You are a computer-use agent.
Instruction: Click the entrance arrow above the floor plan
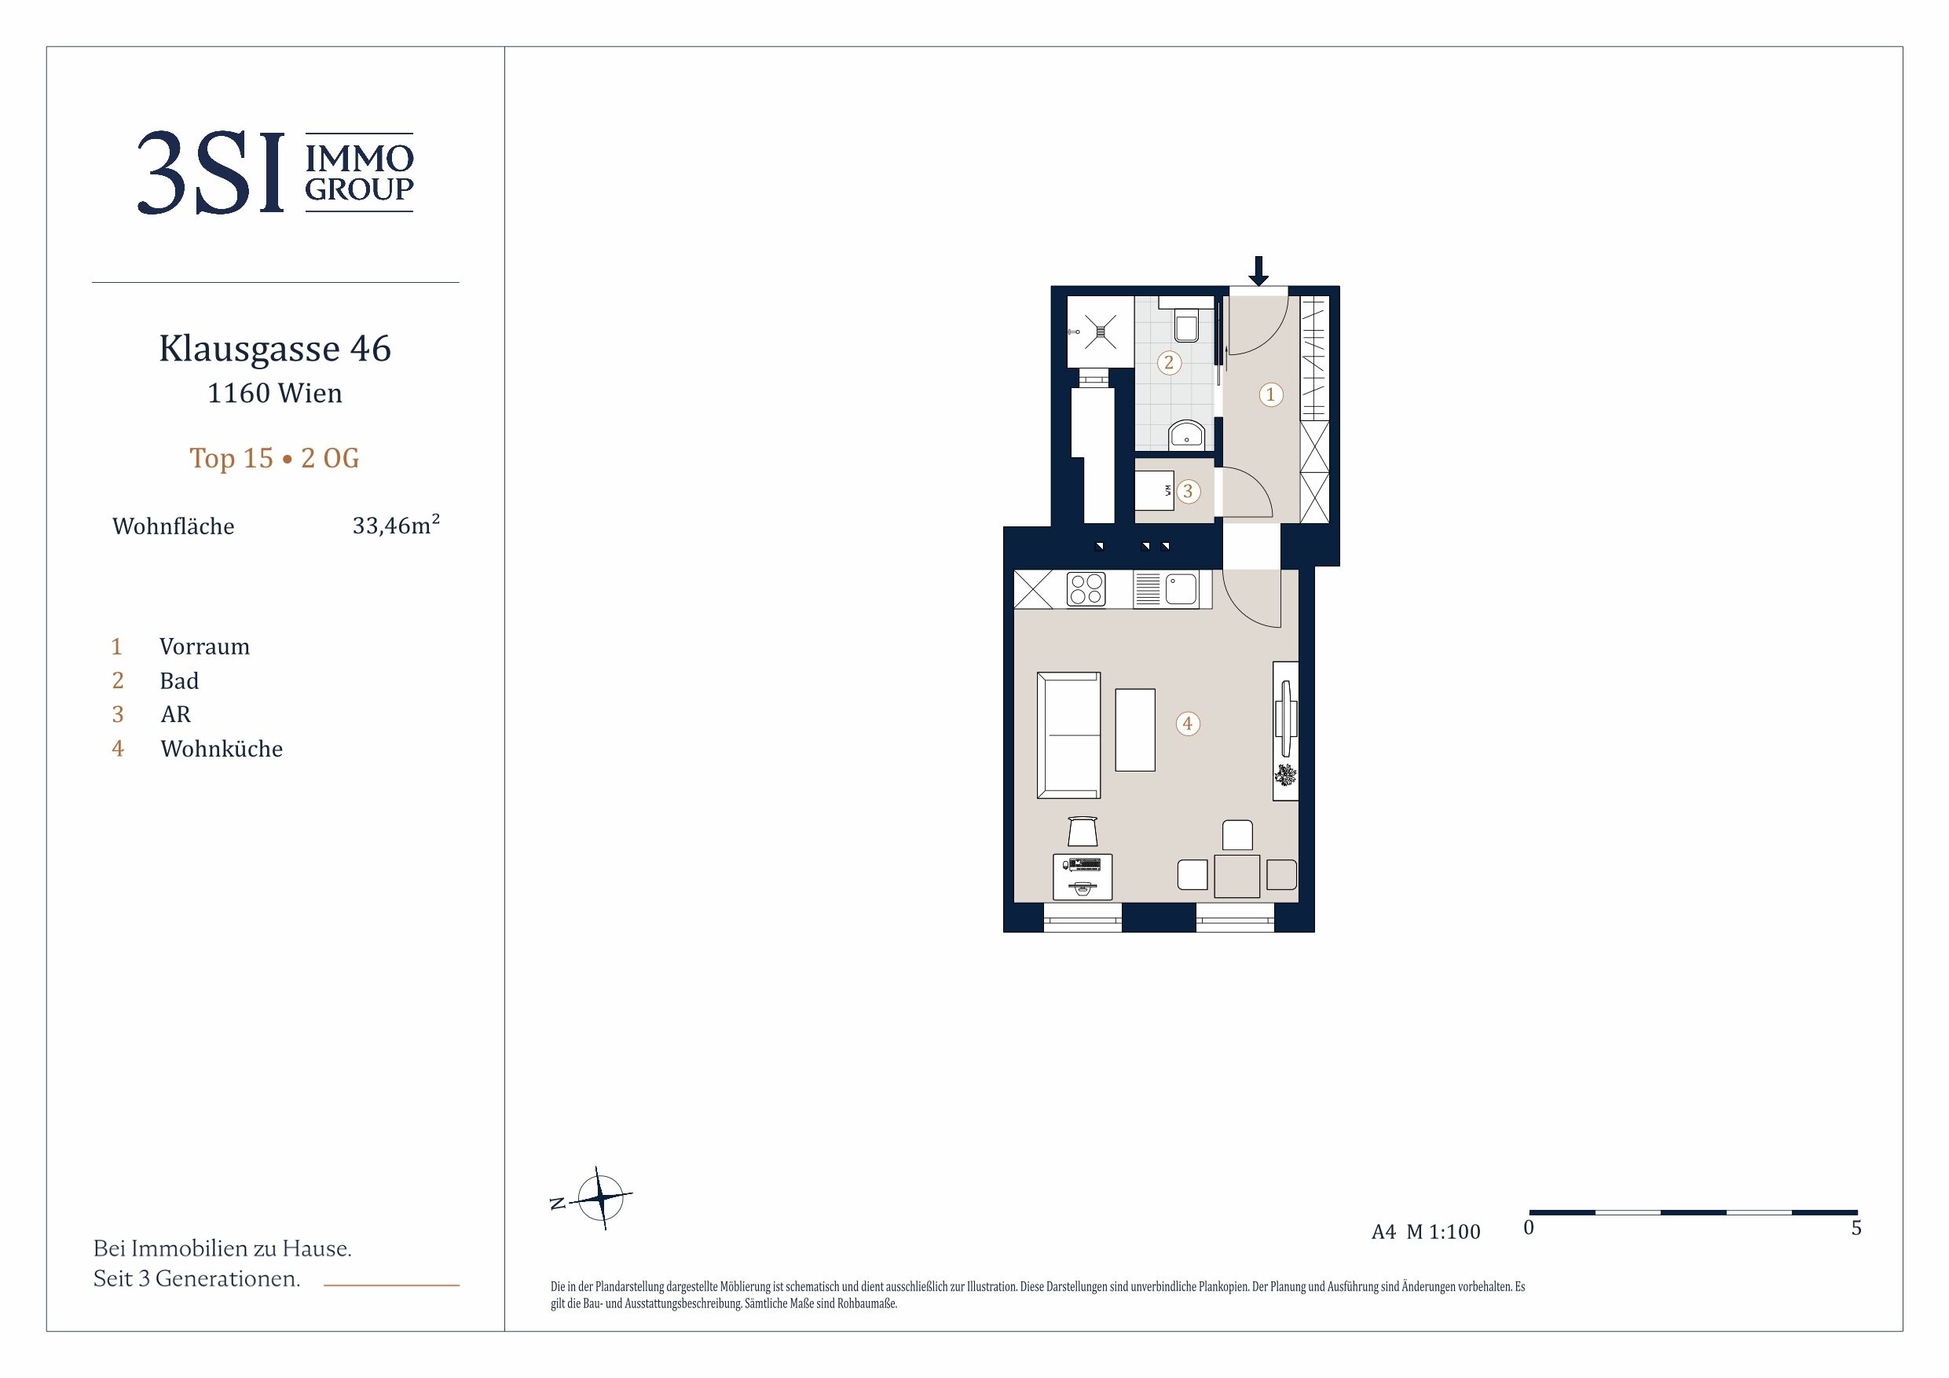click(1258, 271)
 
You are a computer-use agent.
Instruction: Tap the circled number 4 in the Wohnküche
click(1188, 724)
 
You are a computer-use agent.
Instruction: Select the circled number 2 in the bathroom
click(1169, 362)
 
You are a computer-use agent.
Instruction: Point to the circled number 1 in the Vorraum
click(1271, 394)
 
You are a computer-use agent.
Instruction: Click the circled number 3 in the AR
click(1188, 491)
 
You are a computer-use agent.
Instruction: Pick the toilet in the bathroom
click(1186, 321)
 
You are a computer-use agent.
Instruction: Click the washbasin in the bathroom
click(1187, 434)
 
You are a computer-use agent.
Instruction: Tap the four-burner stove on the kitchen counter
click(1086, 588)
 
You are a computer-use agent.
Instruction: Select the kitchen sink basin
click(1181, 588)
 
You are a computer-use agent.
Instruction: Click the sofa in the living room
click(1068, 735)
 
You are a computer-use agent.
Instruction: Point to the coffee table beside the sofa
click(1135, 730)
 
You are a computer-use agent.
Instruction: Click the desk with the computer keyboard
click(1083, 877)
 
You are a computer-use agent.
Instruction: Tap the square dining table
click(1236, 876)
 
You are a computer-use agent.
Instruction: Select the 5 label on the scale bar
click(1856, 1229)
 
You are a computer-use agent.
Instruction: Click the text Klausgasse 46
click(275, 349)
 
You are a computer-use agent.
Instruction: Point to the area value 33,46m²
click(396, 525)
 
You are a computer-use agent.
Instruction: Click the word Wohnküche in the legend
click(222, 749)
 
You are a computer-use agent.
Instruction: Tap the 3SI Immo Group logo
click(275, 172)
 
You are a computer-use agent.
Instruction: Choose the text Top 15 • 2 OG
click(274, 459)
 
